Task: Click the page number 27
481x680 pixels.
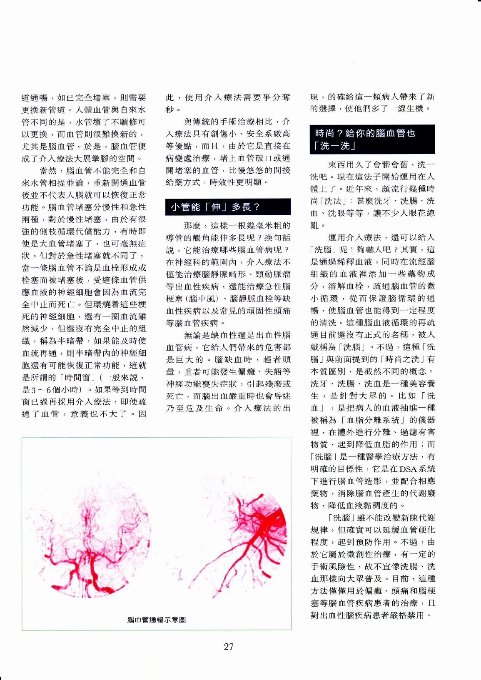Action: pos(229,647)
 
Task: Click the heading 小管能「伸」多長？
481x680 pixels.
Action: pos(215,207)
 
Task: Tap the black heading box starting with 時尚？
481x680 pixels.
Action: pos(372,139)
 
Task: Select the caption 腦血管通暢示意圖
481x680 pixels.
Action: pos(157,620)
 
